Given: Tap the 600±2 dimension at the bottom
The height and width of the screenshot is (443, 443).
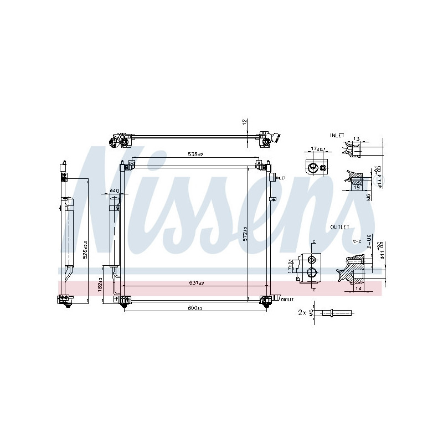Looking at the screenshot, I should click(194, 308).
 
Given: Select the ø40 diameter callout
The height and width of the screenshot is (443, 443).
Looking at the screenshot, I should click(114, 191).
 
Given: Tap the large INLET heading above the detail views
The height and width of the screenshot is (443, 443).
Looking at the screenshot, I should click(337, 135).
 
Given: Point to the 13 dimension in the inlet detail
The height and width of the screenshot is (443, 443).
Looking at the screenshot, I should click(356, 139).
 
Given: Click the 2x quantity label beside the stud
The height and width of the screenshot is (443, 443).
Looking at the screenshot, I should click(302, 313).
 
